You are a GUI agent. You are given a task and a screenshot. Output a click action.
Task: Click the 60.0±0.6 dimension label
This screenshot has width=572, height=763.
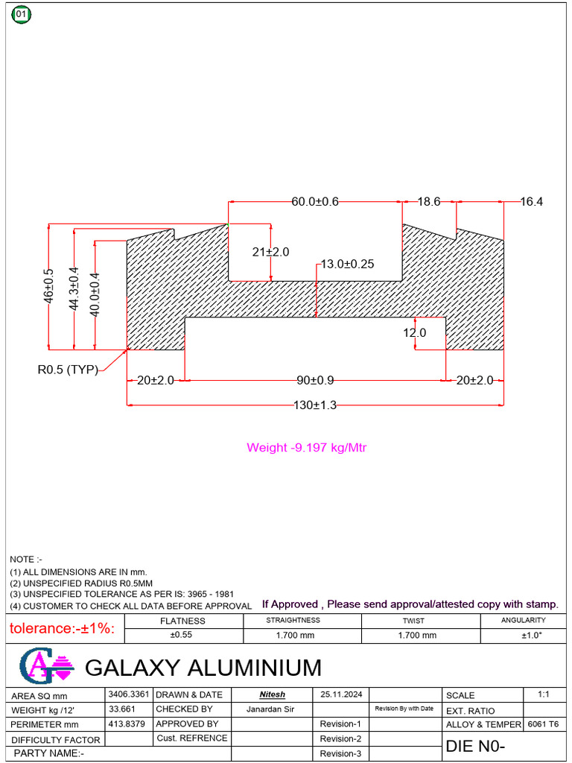[314, 201]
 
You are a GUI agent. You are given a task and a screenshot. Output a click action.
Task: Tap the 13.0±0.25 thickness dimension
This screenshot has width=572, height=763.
[348, 264]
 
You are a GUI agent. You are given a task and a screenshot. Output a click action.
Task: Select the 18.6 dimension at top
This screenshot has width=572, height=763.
[429, 201]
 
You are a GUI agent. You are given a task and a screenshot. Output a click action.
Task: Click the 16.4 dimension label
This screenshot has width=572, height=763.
[532, 201]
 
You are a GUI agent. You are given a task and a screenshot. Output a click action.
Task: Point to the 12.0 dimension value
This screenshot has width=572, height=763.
[415, 333]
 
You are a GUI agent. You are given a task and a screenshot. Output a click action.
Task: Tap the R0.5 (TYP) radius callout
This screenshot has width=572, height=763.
[68, 370]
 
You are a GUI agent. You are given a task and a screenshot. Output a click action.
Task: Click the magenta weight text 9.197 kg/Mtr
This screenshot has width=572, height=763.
[307, 448]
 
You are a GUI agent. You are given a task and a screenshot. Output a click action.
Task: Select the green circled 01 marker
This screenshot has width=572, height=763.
[21, 14]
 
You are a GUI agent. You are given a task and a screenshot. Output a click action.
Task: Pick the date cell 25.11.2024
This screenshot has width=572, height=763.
[341, 694]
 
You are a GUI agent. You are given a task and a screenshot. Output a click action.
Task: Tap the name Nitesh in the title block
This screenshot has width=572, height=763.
[272, 694]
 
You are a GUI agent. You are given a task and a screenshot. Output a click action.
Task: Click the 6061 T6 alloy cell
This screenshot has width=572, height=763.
[543, 724]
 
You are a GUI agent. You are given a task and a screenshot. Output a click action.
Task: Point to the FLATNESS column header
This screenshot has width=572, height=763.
[182, 621]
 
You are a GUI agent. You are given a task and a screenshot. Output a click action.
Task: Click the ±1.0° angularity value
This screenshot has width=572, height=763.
[532, 636]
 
